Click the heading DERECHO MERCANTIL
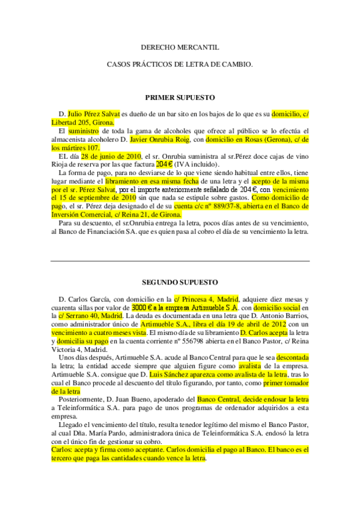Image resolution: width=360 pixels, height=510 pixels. click(180, 46)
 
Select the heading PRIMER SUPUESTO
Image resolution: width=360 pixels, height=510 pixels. click(180, 97)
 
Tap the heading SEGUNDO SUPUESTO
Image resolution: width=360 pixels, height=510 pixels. click(180, 281)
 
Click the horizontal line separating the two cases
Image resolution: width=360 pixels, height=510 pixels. click(180, 260)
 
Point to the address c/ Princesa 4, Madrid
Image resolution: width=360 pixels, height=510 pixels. click(206, 298)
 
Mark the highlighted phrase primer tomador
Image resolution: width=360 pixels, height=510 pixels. click(285, 382)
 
